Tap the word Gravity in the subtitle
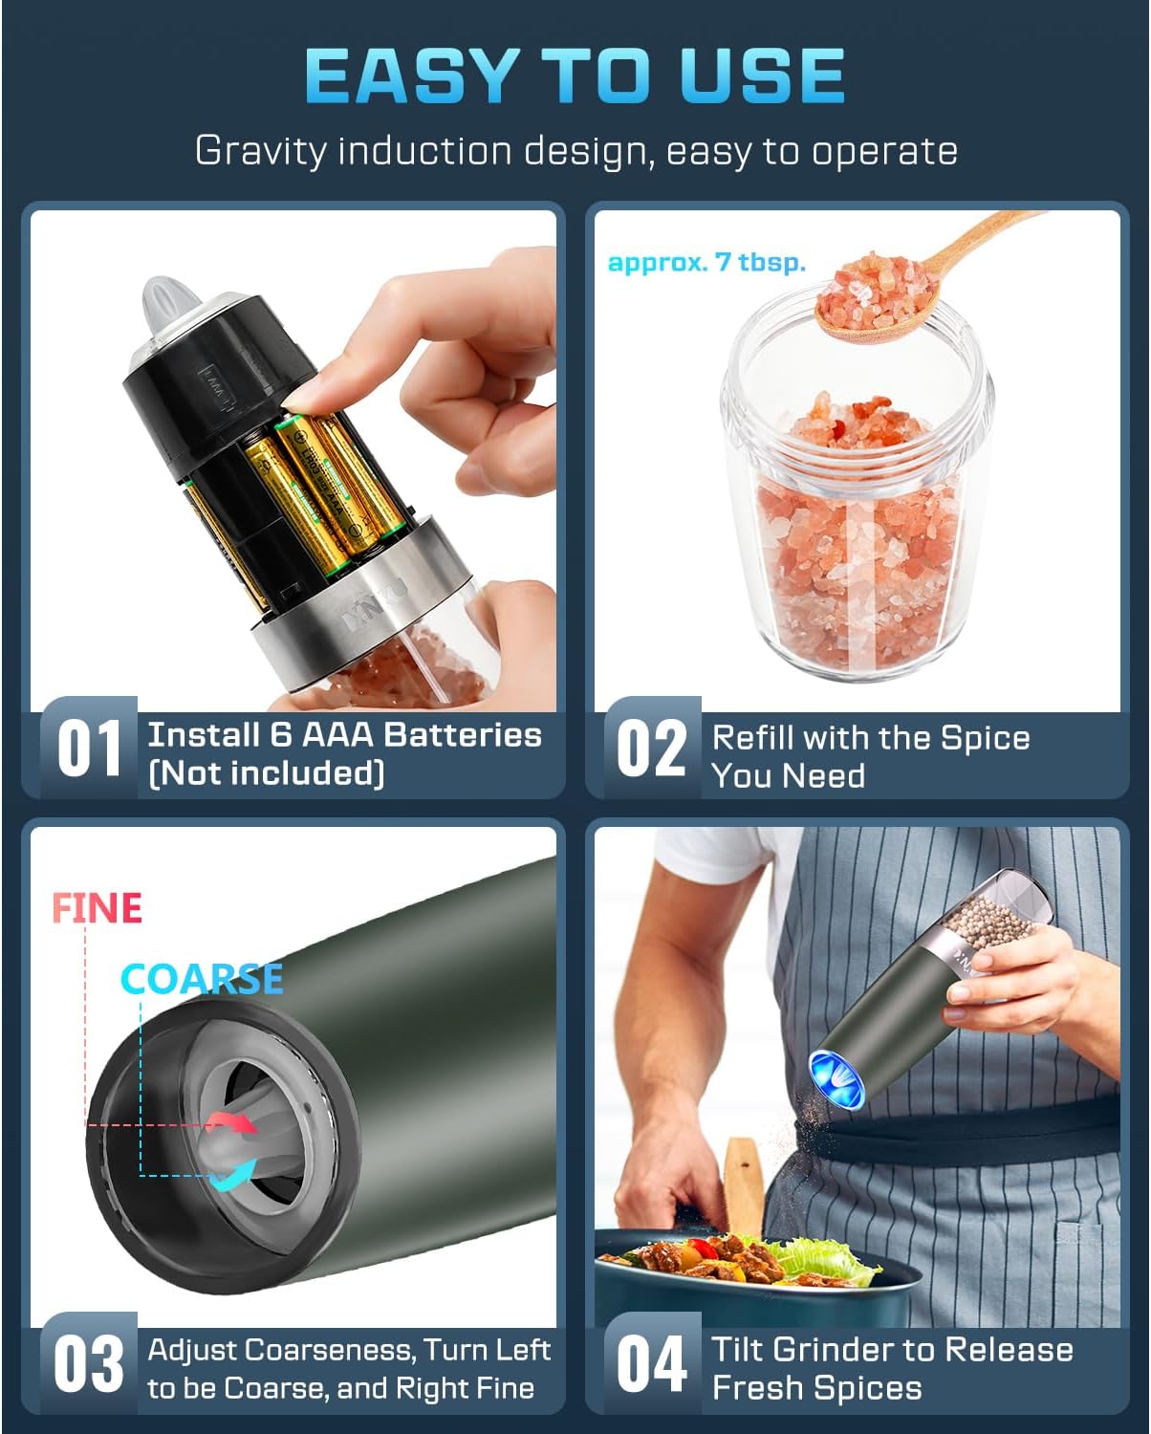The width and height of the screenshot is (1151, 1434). [260, 151]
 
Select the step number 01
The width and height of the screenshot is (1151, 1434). [88, 749]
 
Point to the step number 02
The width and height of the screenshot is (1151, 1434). [651, 749]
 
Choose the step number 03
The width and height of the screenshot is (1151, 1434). [88, 1364]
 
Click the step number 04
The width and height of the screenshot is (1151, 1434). [651, 1364]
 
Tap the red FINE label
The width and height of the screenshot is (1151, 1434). [97, 907]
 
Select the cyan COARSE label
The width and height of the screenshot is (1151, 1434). [202, 978]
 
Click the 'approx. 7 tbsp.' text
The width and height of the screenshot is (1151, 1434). [706, 262]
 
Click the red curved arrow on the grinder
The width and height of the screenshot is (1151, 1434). [235, 1121]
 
